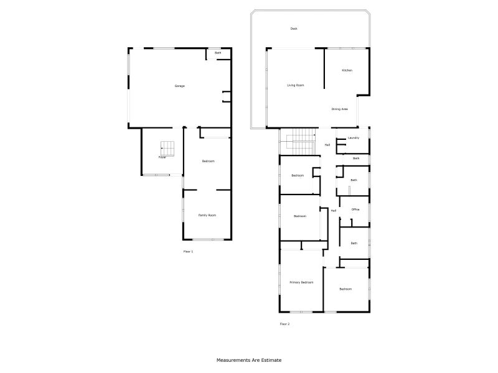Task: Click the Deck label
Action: pos(294,29)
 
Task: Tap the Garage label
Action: pos(179,86)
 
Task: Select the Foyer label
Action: pos(162,157)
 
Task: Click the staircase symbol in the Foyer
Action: pos(167,148)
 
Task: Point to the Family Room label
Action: pos(207,215)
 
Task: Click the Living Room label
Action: pos(295,85)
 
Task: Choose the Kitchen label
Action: pos(347,70)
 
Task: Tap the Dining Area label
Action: pos(339,109)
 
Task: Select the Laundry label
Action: pos(354,138)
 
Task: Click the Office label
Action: pos(355,210)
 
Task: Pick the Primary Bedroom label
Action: pos(301,282)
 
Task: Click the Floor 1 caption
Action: pos(188,252)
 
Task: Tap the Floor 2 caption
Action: pos(284,324)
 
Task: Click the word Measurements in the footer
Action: pos(233,360)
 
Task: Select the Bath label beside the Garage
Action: pos(218,53)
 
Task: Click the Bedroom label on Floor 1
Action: pos(208,162)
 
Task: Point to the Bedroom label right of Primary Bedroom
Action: pos(345,289)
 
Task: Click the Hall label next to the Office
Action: pos(334,211)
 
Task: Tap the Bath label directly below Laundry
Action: pos(356,159)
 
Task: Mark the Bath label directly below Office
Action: pos(354,243)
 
